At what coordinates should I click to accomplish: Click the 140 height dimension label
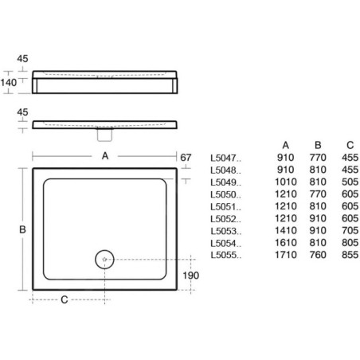(x=9, y=83)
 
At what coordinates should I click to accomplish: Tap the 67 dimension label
(x=186, y=158)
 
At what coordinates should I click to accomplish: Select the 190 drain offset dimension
(x=190, y=276)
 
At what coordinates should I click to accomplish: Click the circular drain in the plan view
(x=104, y=260)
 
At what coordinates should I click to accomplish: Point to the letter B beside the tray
(x=22, y=229)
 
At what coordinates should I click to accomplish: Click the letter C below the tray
(x=65, y=299)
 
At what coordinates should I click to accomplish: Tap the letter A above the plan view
(x=105, y=156)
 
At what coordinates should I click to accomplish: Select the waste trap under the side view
(x=104, y=135)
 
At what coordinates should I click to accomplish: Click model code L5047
(x=225, y=158)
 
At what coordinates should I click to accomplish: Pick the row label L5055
(x=226, y=255)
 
